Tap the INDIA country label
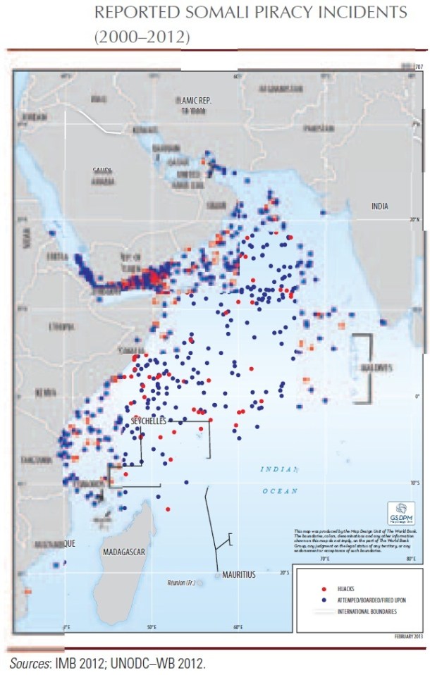click(x=380, y=206)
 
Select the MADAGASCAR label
click(x=123, y=552)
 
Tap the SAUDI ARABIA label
click(x=106, y=174)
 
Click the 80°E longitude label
click(x=409, y=559)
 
